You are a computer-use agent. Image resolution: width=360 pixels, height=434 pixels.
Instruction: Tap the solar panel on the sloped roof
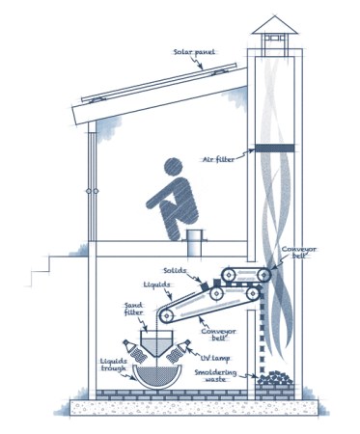point(159,82)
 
